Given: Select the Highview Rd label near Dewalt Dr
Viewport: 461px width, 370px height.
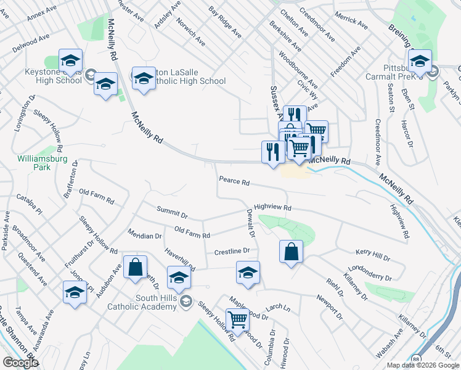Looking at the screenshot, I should (272, 208).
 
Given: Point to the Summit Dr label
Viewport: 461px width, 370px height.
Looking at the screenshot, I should (171, 213).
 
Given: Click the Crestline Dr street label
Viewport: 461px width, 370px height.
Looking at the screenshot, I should (232, 252).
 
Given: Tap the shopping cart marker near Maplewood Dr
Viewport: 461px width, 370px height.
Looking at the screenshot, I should (237, 320).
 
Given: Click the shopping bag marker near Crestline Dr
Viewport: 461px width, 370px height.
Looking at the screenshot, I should (291, 252).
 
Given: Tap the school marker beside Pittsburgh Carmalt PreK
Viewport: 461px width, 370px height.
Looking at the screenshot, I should (420, 61).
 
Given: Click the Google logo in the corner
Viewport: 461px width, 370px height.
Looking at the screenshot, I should (20, 363).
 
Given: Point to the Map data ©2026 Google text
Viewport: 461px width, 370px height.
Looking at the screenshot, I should (423, 365).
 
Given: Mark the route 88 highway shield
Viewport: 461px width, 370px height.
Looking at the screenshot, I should (417, 358).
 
